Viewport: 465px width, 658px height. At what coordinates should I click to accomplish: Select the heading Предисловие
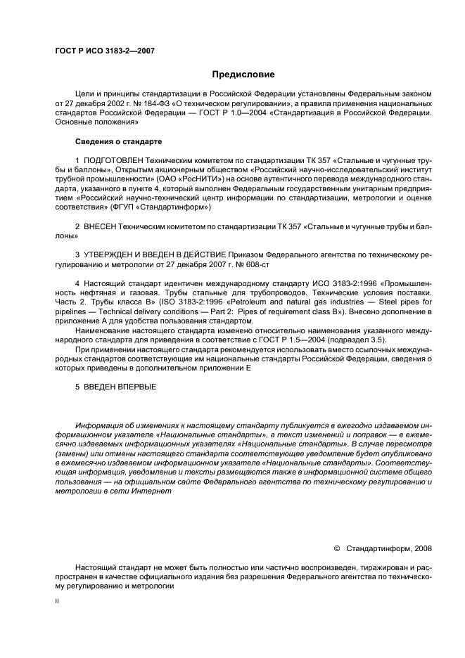click(243, 75)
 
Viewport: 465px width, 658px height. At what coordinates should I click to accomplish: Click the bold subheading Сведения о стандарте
click(118, 141)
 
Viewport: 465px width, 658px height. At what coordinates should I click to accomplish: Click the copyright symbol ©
click(336, 548)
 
